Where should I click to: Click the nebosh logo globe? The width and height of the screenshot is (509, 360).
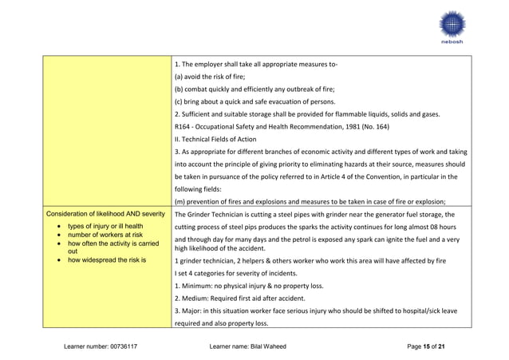pyautogui.click(x=450, y=25)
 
